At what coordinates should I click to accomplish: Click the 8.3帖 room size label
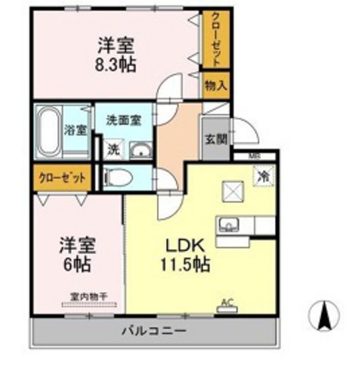pyautogui.click(x=117, y=66)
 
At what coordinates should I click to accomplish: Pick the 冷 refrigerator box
pyautogui.click(x=262, y=176)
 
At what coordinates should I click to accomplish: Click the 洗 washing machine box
pyautogui.click(x=113, y=149)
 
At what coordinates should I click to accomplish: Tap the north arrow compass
pyautogui.click(x=324, y=315)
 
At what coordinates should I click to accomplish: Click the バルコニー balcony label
pyautogui.click(x=153, y=329)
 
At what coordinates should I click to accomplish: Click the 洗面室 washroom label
pyautogui.click(x=124, y=121)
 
